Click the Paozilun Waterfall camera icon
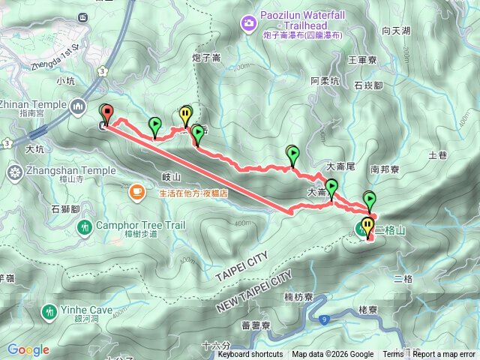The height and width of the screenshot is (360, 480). pyautogui.click(x=247, y=25)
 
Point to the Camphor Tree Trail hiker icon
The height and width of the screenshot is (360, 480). pyautogui.click(x=85, y=226)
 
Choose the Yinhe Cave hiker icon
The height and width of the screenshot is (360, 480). pyautogui.click(x=49, y=310)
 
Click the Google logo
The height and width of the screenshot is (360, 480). pyautogui.click(x=28, y=349)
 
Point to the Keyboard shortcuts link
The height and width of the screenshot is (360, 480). pyautogui.click(x=250, y=355)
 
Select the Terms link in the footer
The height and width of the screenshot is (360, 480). pyautogui.click(x=392, y=355)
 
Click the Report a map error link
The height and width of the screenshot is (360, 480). pyautogui.click(x=445, y=355)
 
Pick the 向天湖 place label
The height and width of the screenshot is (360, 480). pyautogui.click(x=396, y=31)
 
